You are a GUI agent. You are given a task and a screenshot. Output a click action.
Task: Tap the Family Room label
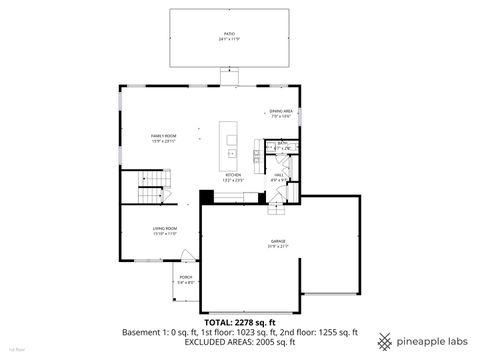coord(164,136)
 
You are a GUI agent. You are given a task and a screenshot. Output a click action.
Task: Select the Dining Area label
coord(280,111)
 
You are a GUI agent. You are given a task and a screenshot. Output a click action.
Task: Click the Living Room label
coord(165,229)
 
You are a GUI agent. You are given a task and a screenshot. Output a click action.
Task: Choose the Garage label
coord(278,241)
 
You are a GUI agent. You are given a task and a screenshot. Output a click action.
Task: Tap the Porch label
coord(186,277)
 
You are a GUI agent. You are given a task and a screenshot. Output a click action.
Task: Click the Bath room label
coord(283,143)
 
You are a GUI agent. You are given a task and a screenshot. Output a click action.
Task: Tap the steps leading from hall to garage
coord(276,208)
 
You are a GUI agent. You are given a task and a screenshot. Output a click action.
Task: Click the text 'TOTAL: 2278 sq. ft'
coord(240,322)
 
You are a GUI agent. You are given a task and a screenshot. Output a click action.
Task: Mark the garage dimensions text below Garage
coord(278,246)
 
